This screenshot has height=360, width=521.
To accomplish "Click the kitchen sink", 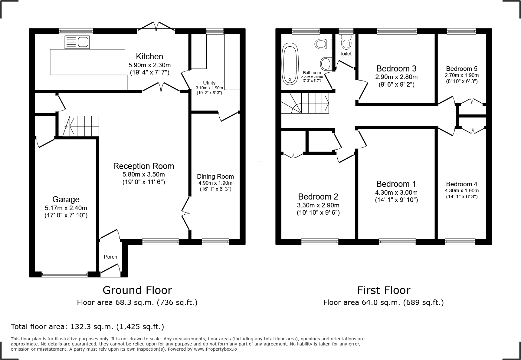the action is point(77,42).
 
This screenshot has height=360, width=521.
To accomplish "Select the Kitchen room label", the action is point(149,56).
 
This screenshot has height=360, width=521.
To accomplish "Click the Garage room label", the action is point(66,199).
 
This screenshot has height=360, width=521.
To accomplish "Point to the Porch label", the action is point(110,257).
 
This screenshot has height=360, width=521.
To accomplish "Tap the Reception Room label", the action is point(144,166).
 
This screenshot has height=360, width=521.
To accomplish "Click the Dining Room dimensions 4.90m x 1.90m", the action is point(215,183).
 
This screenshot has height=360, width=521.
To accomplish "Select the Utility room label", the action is point(209,83).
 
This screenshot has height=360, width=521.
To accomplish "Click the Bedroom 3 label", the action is point(396,68).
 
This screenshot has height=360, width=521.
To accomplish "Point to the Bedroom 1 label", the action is point(396,184).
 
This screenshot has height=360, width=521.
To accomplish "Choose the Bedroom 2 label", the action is point(318,197).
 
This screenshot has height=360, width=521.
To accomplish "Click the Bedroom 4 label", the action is point(462,184).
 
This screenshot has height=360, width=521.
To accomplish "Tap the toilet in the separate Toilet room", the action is point(346,41).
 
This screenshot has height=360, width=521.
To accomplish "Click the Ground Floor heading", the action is point(137,290).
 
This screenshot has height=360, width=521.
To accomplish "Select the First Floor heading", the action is point(384,290).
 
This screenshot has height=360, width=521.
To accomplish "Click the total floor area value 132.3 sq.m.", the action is point(93,327).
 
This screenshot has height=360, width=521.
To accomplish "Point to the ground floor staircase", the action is point(81,126).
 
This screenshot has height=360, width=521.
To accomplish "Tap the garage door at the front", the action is point(64,275).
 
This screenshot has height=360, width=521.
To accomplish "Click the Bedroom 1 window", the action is point(397,242).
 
